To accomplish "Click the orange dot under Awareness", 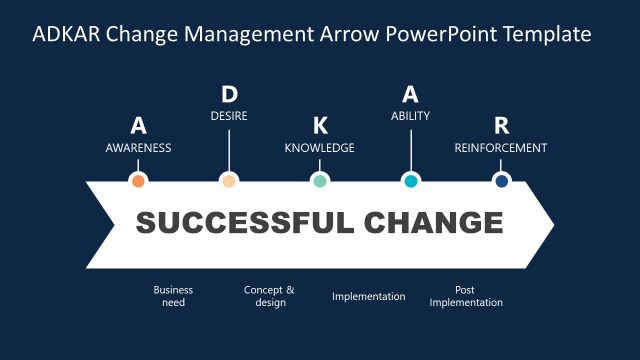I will pos(139,181).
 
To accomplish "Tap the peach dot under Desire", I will pos(229,181).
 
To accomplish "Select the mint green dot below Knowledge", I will pos(320,181).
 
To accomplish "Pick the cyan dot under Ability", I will pos(410,181).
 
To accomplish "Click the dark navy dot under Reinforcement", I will pos(501,181).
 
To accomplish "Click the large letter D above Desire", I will pos(229,95).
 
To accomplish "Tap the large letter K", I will pos(320,126).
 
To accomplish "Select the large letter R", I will pos(501,126).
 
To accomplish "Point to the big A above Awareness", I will pos(139,126).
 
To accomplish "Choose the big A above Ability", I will pos(410,95).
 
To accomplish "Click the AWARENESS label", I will pos(139,148).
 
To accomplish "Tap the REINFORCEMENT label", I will pos(501,148).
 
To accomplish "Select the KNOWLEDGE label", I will pos(320,148).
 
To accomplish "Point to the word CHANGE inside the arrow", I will pos(434,223).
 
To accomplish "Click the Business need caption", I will pos(173,296).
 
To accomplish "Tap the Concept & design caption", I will pos(269,296).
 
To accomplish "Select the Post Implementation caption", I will pos(466,296).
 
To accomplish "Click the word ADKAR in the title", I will pos(68,35).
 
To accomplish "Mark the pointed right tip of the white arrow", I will pos(552,223).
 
